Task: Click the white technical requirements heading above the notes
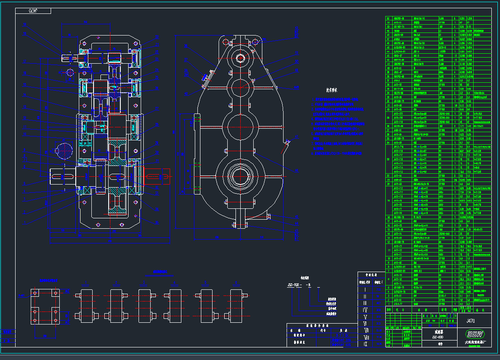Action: pos(332,91)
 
